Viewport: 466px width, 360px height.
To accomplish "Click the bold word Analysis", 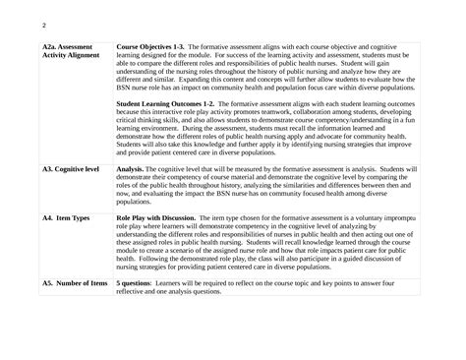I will point(132,168).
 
